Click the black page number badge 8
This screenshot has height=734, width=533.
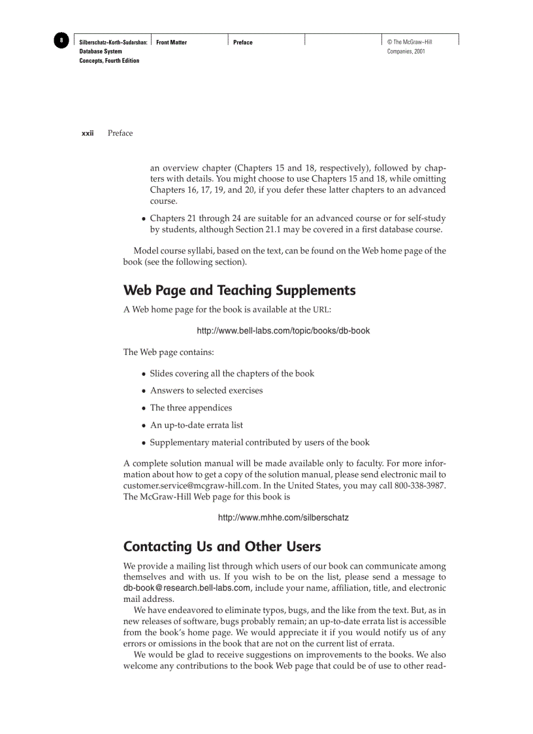pyautogui.click(x=61, y=41)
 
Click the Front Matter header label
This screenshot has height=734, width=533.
pyautogui.click(x=171, y=42)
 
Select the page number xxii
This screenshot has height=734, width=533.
pyautogui.click(x=88, y=133)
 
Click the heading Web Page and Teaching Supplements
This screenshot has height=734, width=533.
pyautogui.click(x=239, y=290)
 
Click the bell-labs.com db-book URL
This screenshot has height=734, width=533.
pyautogui.click(x=283, y=331)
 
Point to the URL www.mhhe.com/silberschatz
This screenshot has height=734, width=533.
pyautogui.click(x=283, y=518)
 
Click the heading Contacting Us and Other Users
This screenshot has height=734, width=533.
pyautogui.click(x=222, y=546)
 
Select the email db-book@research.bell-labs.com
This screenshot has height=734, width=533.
pyautogui.click(x=187, y=588)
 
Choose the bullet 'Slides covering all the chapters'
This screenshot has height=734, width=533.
pyautogui.click(x=232, y=374)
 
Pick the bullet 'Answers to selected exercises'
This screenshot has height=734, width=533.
pyautogui.click(x=206, y=391)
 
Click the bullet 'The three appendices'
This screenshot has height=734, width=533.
pyautogui.click(x=191, y=408)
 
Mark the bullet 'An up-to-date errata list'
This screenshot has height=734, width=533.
pyautogui.click(x=197, y=425)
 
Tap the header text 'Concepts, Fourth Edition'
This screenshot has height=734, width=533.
pyautogui.click(x=109, y=61)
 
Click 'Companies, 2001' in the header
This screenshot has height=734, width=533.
pyautogui.click(x=406, y=52)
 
